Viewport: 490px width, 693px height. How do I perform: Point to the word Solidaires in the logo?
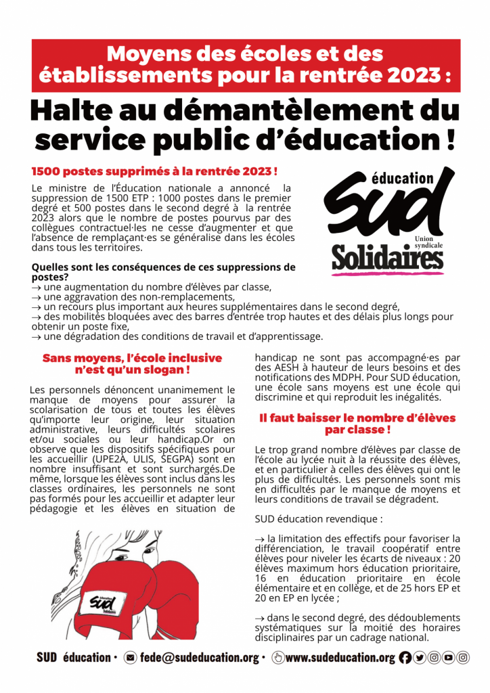coord(386,258)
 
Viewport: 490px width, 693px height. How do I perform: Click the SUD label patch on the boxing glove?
coord(102,602)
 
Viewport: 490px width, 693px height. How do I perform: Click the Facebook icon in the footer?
coord(405,657)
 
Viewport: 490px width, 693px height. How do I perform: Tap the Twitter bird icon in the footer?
coord(419,657)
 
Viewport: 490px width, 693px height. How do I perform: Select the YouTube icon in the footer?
coord(448,657)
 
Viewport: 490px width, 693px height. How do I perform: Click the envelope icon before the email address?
coord(131,657)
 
